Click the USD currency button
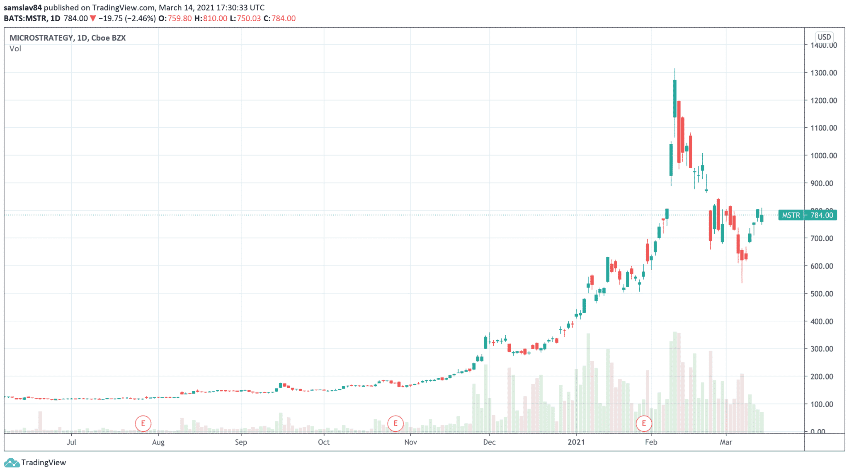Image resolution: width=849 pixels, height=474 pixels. [824, 37]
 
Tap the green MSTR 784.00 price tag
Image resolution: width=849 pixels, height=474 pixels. [807, 215]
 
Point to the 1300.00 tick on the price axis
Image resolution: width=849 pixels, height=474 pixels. [824, 73]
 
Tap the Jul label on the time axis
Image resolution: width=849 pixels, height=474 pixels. [71, 442]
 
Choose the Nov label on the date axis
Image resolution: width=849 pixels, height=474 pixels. [410, 442]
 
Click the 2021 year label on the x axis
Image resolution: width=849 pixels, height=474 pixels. [576, 442]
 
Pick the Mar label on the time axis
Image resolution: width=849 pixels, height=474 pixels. [726, 442]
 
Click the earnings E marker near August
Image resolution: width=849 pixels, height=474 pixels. [143, 423]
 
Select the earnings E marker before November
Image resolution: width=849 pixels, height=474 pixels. [395, 423]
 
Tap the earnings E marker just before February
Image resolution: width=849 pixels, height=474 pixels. [644, 423]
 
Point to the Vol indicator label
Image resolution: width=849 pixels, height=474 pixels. [15, 49]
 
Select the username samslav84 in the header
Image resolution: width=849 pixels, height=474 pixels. [23, 7]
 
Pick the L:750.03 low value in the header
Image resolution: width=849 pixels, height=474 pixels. [245, 18]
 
